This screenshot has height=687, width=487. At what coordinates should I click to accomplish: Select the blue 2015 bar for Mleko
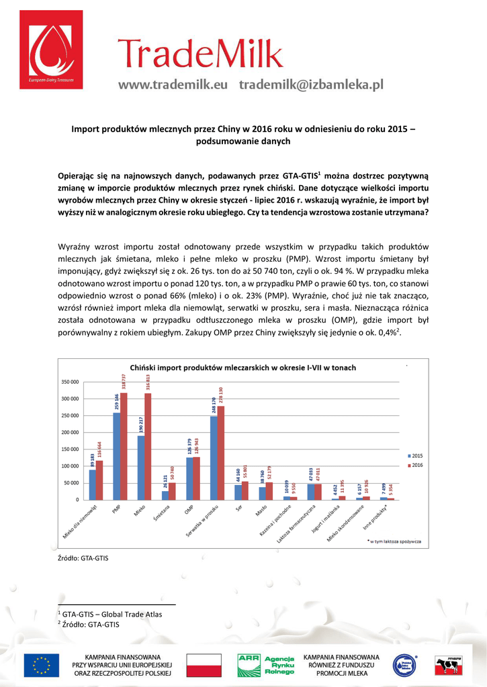(140, 468)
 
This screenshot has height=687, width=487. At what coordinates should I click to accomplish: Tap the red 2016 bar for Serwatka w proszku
(221, 453)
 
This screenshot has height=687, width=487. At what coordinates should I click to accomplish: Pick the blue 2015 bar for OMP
(189, 478)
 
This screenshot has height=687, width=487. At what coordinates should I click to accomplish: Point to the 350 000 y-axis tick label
(70, 382)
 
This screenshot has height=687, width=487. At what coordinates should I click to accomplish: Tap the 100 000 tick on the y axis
(70, 466)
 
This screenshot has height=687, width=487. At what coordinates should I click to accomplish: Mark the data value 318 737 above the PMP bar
(124, 381)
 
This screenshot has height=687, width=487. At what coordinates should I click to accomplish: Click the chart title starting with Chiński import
(242, 368)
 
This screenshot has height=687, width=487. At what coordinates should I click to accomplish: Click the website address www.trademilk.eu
(173, 85)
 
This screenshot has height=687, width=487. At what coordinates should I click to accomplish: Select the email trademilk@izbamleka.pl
(311, 85)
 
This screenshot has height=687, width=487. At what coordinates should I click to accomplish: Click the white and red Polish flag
(204, 665)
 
